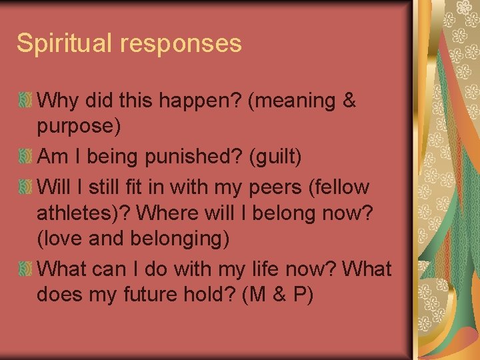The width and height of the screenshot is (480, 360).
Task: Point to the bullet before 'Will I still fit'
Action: pos(25,187)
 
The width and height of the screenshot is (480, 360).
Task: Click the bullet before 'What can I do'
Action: pos(25,269)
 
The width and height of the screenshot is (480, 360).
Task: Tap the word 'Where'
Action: pos(171,214)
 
